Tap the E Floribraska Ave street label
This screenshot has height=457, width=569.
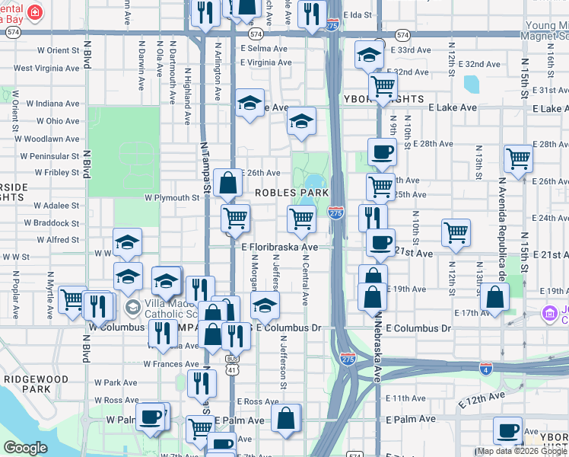(279, 248)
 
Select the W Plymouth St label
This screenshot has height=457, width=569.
(172, 198)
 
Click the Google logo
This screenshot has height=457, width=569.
(26, 448)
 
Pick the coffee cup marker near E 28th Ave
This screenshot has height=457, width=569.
(382, 151)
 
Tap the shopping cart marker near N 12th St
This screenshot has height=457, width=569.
(456, 232)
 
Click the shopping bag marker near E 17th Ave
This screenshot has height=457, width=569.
(494, 297)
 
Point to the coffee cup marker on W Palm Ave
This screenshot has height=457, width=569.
(152, 417)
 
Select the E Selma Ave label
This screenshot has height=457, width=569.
(263, 48)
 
